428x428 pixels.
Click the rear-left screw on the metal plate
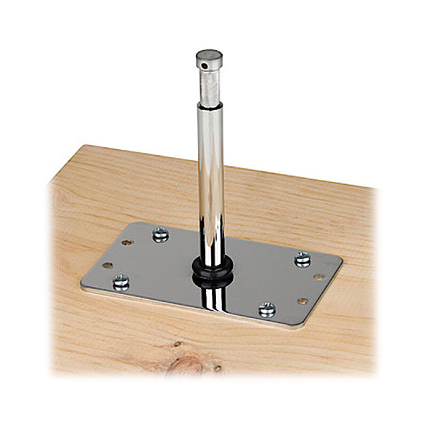(x=160, y=234)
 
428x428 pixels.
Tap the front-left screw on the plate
(x=121, y=282)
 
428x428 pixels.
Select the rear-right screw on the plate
(x=303, y=259)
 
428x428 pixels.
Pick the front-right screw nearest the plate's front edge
(x=266, y=309)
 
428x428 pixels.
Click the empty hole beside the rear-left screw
(x=127, y=242)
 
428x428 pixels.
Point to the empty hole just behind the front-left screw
(x=108, y=265)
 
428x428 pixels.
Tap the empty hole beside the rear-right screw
(x=319, y=277)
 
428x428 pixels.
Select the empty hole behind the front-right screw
(x=302, y=301)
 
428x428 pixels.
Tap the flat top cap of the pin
(x=209, y=55)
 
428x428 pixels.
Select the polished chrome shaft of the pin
(x=210, y=177)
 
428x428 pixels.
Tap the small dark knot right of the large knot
(x=218, y=368)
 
